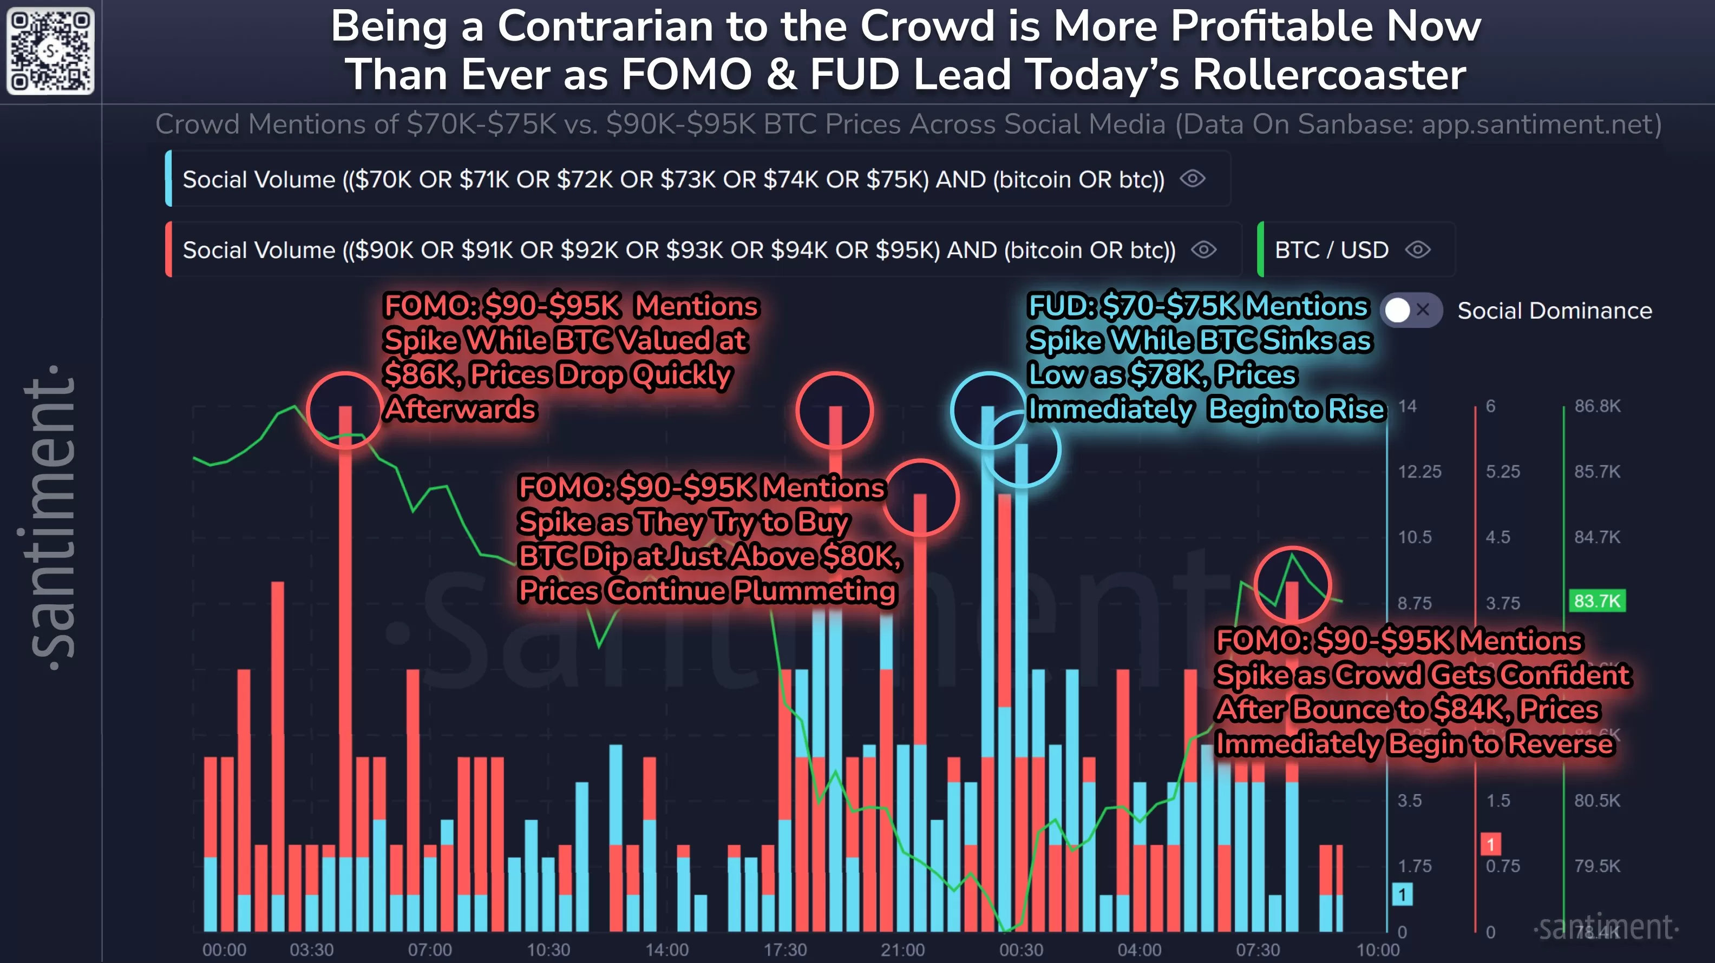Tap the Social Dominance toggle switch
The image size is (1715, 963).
1410,310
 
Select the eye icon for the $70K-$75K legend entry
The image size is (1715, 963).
1193,179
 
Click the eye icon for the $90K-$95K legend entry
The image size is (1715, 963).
1204,250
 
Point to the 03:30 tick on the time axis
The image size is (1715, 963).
312,949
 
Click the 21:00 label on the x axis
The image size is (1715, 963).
903,949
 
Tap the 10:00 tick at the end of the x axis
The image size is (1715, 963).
1377,949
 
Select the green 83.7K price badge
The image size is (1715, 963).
1596,601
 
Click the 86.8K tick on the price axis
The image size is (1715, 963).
1597,406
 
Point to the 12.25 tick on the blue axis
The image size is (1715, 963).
1419,472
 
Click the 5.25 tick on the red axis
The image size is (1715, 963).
1503,472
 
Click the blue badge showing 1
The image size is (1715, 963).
1402,894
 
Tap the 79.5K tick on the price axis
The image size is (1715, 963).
1597,866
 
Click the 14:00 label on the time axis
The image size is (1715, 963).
666,949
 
